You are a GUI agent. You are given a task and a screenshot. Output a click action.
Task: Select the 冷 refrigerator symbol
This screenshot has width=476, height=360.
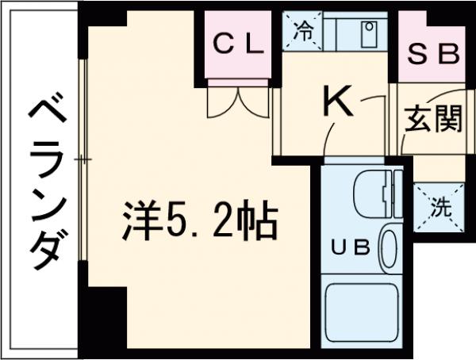pos(303,31)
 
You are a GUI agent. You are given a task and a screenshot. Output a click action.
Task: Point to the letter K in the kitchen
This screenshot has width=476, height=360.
pos(337,101)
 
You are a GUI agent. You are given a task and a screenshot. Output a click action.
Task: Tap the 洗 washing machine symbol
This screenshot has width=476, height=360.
pos(438,208)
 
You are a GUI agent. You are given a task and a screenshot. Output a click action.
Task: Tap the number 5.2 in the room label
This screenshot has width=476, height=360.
pos(198,222)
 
